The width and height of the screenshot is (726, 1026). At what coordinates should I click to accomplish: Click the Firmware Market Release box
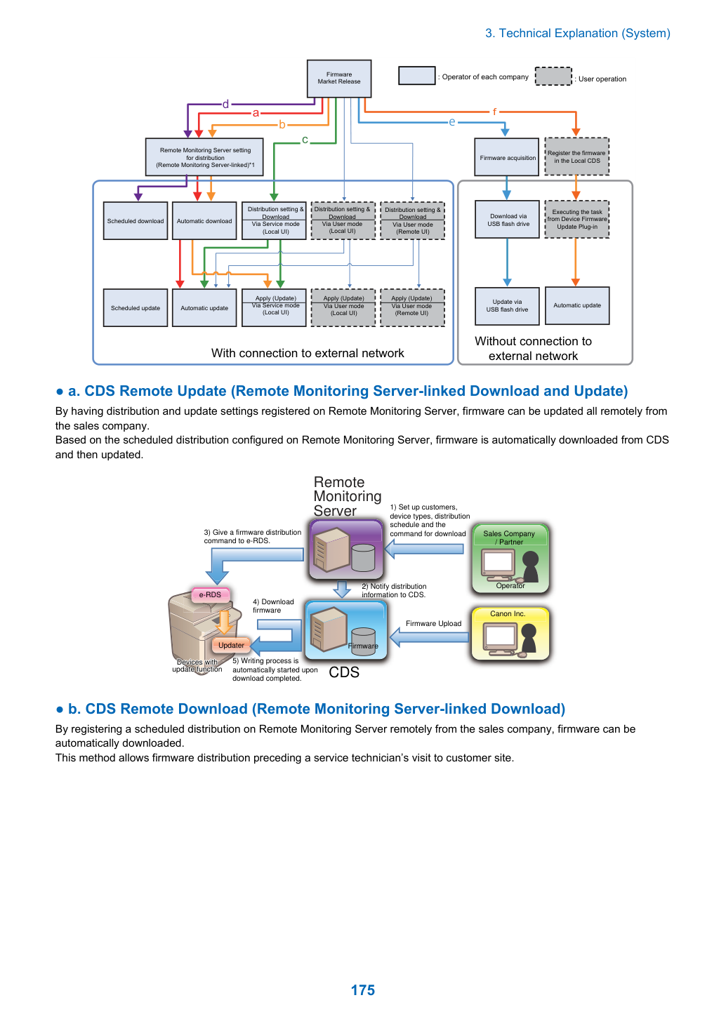[338, 79]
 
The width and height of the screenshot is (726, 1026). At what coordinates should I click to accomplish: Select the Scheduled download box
[136, 221]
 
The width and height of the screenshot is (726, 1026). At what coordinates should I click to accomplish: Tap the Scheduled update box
[136, 308]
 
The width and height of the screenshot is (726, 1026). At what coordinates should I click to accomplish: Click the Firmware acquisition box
[506, 157]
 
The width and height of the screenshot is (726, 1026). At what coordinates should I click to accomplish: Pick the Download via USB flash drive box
[507, 220]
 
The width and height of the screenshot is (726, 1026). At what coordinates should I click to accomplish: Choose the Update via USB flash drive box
[507, 306]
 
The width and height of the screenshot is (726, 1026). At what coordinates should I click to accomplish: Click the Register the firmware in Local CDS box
[576, 156]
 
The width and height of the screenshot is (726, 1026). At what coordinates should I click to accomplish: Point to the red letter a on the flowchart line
[256, 113]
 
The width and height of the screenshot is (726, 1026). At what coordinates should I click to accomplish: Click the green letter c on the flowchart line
[305, 140]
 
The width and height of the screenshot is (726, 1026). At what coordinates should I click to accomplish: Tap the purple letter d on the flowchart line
[225, 104]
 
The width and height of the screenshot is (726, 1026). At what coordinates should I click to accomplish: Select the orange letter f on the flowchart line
[494, 112]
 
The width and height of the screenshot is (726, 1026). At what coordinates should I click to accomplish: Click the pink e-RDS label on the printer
[210, 594]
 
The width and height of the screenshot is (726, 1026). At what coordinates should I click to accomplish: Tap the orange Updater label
[231, 645]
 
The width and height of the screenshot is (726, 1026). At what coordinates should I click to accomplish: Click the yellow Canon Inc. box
[510, 634]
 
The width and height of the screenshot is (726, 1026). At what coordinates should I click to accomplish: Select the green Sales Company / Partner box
[510, 559]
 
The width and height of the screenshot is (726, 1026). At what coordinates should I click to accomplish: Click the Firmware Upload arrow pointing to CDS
[429, 637]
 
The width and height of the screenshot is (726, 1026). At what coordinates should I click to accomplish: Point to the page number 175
[362, 990]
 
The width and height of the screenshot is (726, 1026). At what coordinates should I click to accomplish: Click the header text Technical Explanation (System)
[584, 33]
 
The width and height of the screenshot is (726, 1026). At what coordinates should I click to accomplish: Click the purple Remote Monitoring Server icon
[346, 549]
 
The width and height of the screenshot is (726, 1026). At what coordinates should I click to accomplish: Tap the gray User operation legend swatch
[553, 76]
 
